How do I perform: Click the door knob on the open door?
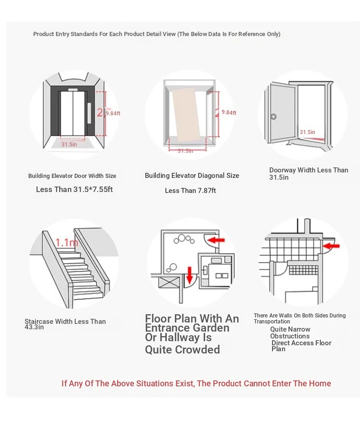[x=273, y=116]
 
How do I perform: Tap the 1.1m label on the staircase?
[x=67, y=242]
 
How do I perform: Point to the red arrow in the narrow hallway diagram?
[x=332, y=247]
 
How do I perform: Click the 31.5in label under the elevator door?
[x=69, y=145]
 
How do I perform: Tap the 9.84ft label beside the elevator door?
[x=113, y=114]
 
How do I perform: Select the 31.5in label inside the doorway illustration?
[x=307, y=132]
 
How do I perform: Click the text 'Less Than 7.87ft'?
[x=190, y=191]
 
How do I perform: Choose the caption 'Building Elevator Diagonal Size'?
[x=192, y=176]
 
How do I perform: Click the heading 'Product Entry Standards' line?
[x=157, y=34]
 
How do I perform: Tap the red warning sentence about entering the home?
[x=196, y=384]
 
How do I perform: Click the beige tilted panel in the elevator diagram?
[x=189, y=116]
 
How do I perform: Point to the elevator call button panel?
[x=90, y=110]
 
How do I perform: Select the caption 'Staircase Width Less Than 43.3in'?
[x=65, y=324]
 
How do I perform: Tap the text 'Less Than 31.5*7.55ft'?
[x=74, y=189]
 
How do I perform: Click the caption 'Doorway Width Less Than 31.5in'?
[x=309, y=173]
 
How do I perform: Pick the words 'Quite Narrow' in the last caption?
[x=290, y=329]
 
